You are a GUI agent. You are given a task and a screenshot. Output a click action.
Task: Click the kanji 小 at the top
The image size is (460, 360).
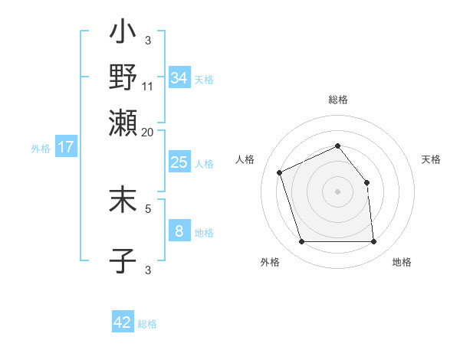(123, 34)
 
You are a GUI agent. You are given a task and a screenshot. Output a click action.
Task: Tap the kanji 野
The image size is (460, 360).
(123, 77)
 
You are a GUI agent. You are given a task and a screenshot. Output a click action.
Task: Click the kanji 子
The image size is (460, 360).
(123, 260)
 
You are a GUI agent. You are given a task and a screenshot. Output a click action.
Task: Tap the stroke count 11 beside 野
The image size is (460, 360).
(148, 85)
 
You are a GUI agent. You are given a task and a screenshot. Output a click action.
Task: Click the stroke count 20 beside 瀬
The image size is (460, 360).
(148, 132)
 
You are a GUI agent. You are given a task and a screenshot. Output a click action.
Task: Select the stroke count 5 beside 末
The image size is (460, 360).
(148, 207)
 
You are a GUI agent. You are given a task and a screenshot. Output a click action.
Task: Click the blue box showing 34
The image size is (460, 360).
(179, 78)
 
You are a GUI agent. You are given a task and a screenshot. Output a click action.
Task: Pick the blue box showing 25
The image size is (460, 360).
(179, 162)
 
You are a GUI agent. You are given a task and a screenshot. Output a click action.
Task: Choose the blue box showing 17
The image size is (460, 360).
(66, 147)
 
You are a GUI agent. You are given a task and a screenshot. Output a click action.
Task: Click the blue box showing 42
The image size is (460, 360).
(123, 322)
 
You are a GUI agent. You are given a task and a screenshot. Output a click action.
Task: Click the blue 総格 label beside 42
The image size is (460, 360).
(147, 324)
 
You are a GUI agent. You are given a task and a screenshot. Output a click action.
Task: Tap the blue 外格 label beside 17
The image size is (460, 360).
(41, 149)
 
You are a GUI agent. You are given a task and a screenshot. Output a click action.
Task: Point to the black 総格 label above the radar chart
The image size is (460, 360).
(338, 100)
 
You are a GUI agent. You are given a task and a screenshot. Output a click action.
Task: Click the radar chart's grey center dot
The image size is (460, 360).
(337, 191)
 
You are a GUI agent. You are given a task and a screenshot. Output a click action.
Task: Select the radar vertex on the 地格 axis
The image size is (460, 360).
(373, 241)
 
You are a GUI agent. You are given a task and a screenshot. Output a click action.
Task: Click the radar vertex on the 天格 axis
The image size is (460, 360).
(366, 182)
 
